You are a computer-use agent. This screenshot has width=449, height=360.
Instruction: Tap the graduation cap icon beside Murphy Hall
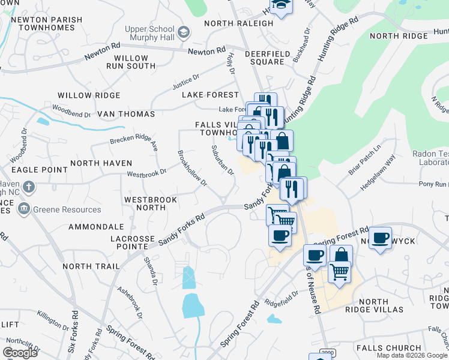(183, 32)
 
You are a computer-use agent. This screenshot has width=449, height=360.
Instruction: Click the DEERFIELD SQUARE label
(264, 58)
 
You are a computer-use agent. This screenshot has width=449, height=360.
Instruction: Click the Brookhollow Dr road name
(192, 168)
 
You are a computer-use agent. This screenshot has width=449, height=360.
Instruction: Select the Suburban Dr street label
(222, 160)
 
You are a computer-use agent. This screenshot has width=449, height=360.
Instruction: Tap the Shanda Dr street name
(150, 271)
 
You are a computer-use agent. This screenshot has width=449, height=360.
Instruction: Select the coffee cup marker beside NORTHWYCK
(381, 239)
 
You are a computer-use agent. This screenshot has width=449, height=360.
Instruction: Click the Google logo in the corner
(20, 353)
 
